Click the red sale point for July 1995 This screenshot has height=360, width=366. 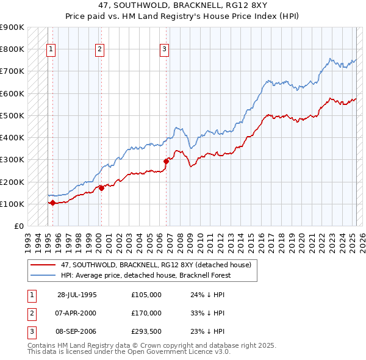[x=52, y=203]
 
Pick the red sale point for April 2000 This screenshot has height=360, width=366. [x=101, y=188]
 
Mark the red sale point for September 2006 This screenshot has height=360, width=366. [x=166, y=161]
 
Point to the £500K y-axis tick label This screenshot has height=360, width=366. [x=13, y=115]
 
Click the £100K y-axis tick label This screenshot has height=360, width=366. [x=13, y=204]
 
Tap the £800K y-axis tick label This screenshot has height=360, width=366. [x=13, y=49]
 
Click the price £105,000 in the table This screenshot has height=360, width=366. [x=146, y=295]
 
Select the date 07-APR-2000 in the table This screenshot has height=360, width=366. [x=77, y=313]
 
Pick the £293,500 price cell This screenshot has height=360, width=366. [x=146, y=331]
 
